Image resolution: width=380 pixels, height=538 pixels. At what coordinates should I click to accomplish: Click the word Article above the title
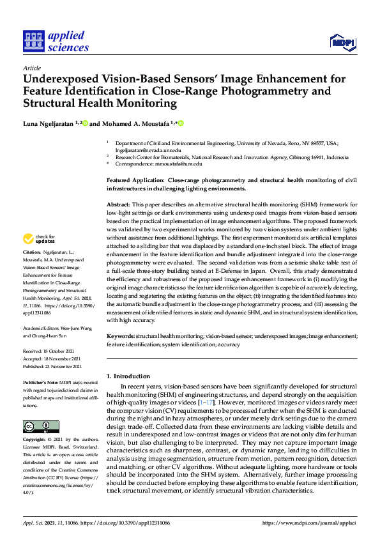(31, 68)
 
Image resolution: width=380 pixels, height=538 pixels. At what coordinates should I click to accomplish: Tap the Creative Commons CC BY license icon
(37, 408)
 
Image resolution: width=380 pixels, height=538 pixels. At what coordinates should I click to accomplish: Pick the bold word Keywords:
(120, 335)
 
